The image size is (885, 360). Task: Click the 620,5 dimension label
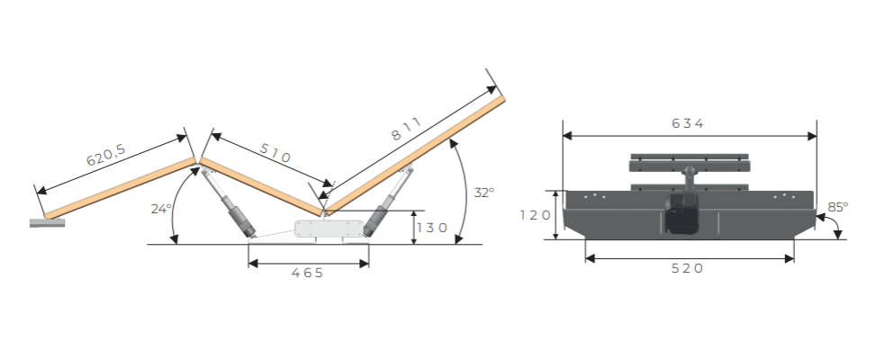click(106, 155)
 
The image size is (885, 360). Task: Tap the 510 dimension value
click(275, 152)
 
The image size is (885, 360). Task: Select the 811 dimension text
click(406, 129)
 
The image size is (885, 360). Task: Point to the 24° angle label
click(161, 209)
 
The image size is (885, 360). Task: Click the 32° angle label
click(483, 193)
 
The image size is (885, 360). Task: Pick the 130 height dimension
click(432, 228)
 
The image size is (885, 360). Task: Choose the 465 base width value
click(308, 273)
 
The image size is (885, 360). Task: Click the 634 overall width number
click(688, 123)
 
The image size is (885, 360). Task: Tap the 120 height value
click(536, 215)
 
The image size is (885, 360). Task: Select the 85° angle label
click(837, 207)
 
